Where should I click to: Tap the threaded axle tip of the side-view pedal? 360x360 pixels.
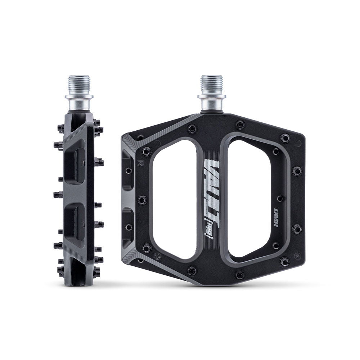tap(79, 85)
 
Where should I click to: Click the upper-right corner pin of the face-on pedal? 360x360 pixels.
tap(285, 138)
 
